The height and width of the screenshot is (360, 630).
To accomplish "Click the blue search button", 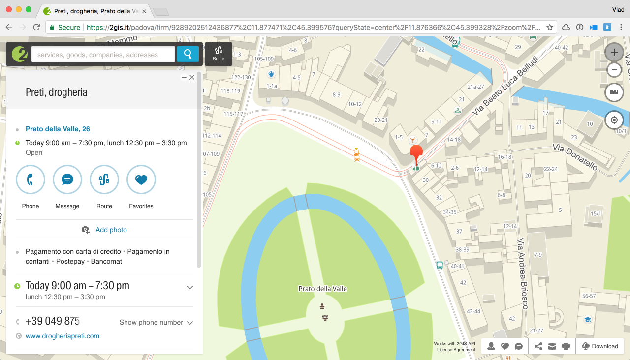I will coord(188,54).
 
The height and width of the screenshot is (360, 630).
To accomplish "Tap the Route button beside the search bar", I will coord(219,54).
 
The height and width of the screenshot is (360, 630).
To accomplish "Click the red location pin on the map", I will coord(416,152).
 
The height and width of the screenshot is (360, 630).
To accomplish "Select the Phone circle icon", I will coord(31,180).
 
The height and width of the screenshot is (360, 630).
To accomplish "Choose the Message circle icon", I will coord(67,180).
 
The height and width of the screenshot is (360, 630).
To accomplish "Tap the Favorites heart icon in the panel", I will coord(141,180).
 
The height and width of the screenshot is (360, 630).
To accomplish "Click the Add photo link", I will coord(111,230).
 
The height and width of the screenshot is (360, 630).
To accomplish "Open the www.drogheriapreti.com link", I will coord(63,336).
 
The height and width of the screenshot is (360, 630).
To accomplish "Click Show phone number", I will coord(152,323).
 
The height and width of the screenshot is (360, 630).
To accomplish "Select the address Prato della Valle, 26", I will coord(58,129).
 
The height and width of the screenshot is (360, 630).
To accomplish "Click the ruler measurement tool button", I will coord(614,92).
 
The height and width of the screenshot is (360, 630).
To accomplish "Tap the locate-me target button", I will coord(614,120).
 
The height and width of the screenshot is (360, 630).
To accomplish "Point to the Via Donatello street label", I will coord(574,157).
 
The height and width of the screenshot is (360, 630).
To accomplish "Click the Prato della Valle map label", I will coord(322,289).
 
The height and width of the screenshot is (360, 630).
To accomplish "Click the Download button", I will coord(600,346).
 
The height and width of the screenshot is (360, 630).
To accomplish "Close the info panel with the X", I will coord(192,77).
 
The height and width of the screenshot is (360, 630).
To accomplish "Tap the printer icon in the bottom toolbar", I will coord(566,346).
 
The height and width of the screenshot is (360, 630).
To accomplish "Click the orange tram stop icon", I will coord(356,155).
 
